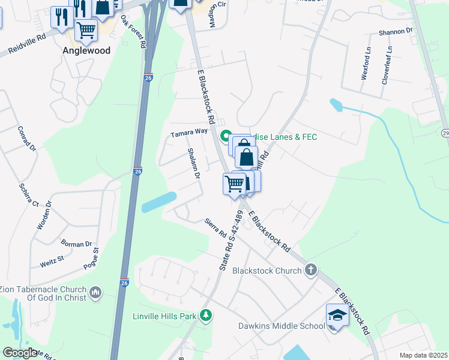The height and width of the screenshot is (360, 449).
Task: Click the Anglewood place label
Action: click(x=86, y=51)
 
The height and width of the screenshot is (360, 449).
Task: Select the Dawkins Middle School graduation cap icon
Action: click(x=337, y=316)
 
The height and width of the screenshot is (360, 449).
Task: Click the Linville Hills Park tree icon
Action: click(x=206, y=315)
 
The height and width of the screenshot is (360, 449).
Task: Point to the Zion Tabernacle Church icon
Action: click(x=95, y=293)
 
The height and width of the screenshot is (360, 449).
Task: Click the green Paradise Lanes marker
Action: click(x=226, y=136)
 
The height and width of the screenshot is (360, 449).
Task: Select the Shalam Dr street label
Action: click(x=193, y=164)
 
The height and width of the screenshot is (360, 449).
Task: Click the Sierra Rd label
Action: click(x=214, y=227)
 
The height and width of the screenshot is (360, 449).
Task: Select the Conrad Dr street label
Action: click(x=27, y=139)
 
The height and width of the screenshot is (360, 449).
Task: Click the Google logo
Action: click(x=20, y=353)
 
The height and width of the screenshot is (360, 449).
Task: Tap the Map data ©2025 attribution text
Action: click(x=423, y=355)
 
